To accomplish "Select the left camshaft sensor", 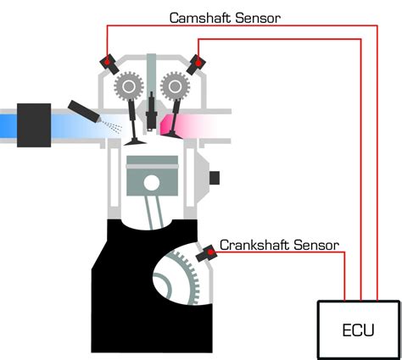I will click(109, 62).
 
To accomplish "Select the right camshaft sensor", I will click(198, 62).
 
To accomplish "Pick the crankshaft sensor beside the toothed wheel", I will click(206, 253).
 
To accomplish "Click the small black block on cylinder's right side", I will click(215, 177).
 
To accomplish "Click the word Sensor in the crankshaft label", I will click(315, 246).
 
